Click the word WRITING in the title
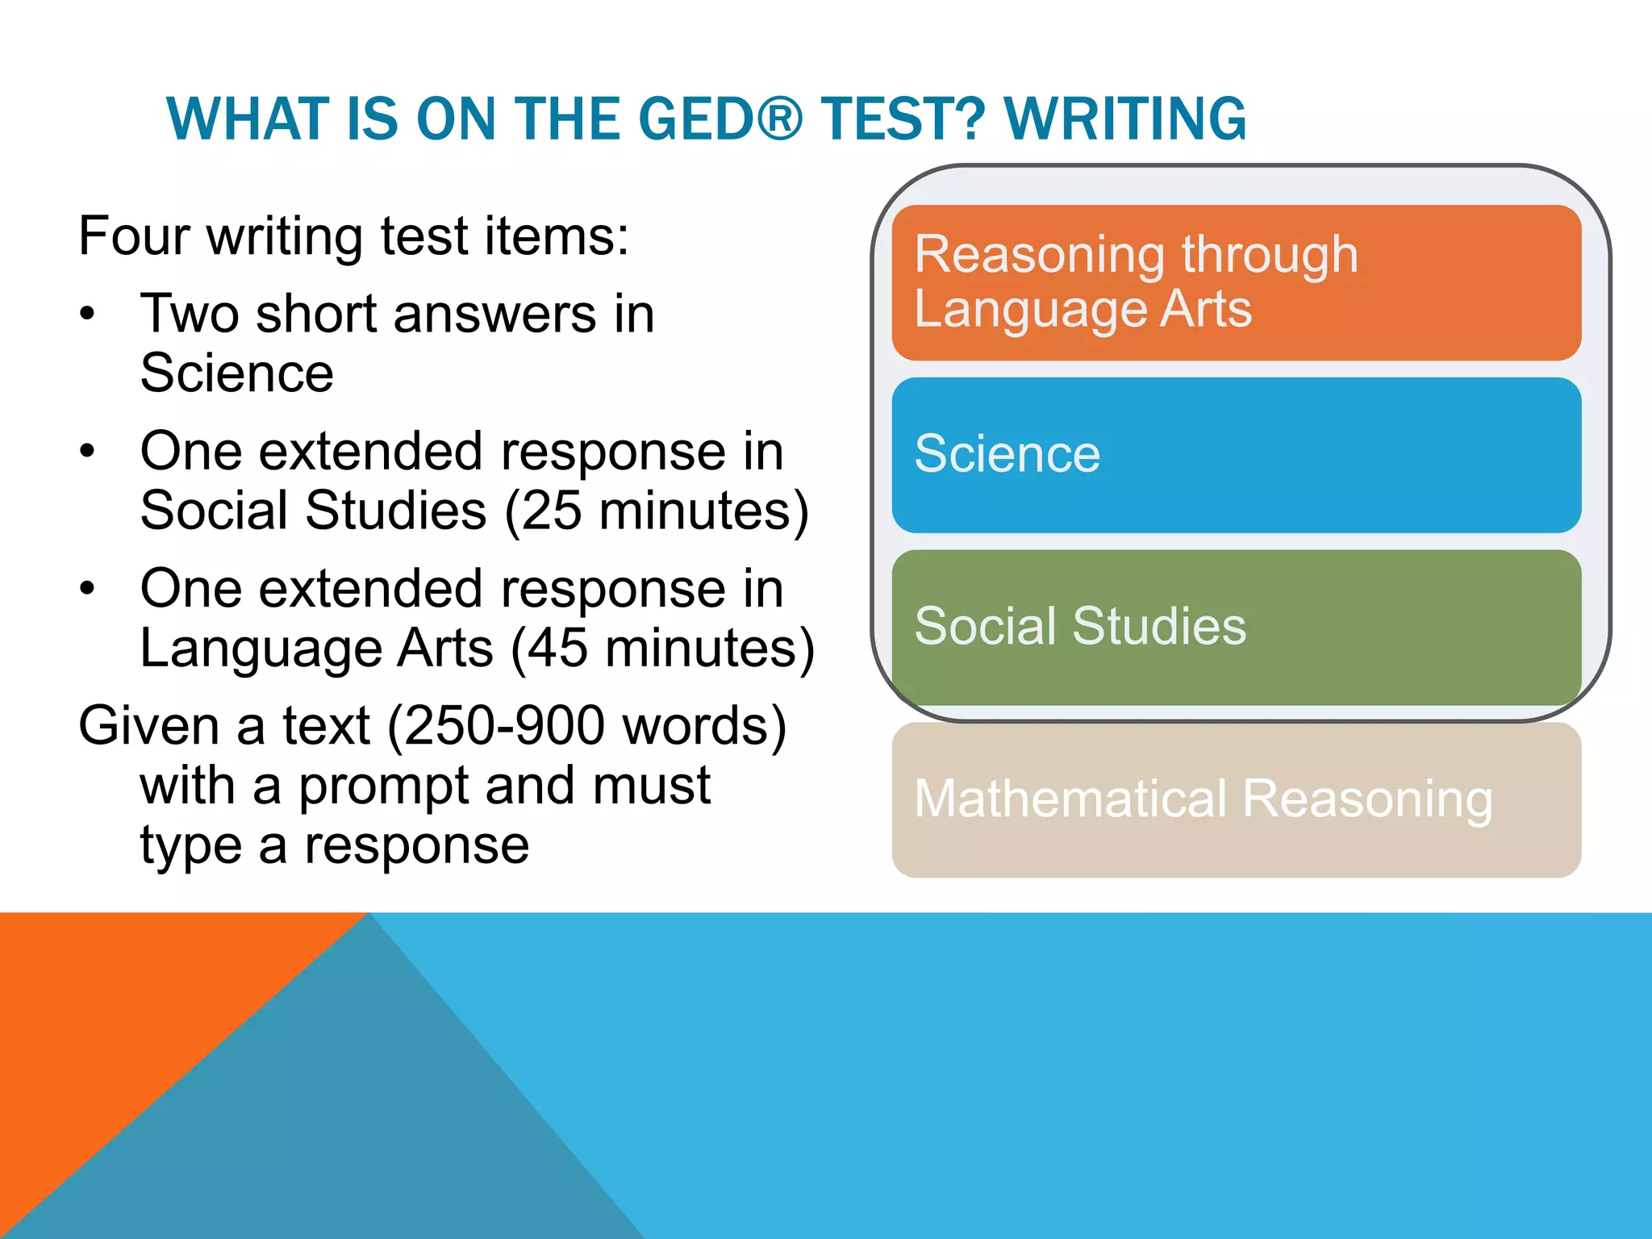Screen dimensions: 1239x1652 point(1125,119)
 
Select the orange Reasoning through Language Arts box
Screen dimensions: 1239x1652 point(1236,282)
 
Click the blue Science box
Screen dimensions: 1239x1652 point(1236,455)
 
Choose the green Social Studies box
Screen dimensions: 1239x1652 point(1236,628)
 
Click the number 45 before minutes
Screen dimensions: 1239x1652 point(557,649)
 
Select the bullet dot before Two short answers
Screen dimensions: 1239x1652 point(87,315)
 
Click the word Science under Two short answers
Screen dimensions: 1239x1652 point(236,373)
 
